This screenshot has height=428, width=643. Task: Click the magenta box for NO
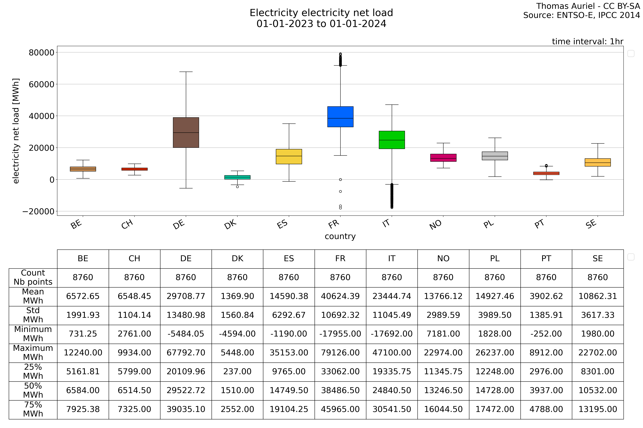coord(443,158)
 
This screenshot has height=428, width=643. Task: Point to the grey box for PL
coord(495,156)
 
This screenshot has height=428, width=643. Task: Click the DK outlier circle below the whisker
coord(237,187)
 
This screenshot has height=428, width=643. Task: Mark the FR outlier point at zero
coord(340,180)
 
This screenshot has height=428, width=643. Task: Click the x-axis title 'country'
coord(340,236)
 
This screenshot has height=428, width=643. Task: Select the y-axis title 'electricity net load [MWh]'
coord(16,131)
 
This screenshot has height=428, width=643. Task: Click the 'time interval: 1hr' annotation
coord(588,41)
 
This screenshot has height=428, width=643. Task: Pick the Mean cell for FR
coord(340,296)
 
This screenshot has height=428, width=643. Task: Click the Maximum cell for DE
coord(186,353)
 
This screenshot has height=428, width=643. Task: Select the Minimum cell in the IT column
coord(392,334)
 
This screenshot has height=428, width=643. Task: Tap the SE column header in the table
coord(598,259)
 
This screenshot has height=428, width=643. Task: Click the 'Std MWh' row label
coord(33,315)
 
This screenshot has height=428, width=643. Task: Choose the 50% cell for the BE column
coord(83,391)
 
